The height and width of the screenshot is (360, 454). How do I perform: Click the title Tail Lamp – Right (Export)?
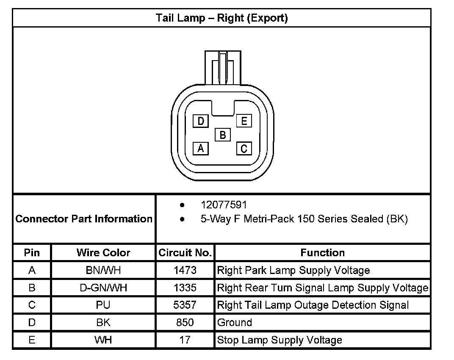point(221,18)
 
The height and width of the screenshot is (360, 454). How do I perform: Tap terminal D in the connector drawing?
point(201,122)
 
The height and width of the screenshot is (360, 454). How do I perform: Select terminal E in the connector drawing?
point(244,121)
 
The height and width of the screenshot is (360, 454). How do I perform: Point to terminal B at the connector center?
point(222,135)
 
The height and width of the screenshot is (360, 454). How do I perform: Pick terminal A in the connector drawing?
point(201,148)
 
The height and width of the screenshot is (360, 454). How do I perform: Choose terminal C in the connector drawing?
point(244,148)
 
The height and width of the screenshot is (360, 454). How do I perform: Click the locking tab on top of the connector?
point(223,67)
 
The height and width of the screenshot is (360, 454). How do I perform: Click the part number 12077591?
point(224,205)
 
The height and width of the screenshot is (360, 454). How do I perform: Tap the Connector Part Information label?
point(84,219)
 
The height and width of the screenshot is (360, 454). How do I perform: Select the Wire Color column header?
point(103,253)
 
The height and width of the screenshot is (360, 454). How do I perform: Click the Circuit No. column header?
point(185,253)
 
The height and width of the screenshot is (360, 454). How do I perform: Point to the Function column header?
point(322,253)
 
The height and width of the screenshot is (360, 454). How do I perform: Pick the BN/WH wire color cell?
point(103,270)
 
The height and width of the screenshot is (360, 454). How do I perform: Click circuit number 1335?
point(185,288)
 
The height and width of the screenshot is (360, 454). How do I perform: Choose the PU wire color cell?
point(103,305)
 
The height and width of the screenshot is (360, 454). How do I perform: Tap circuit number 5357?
point(185,305)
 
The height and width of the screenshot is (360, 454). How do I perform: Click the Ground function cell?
point(235,323)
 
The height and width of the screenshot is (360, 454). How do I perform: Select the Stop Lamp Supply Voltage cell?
point(280,340)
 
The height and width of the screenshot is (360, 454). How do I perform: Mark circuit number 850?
point(185,323)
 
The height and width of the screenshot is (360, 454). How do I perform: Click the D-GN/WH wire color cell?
point(103,288)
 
